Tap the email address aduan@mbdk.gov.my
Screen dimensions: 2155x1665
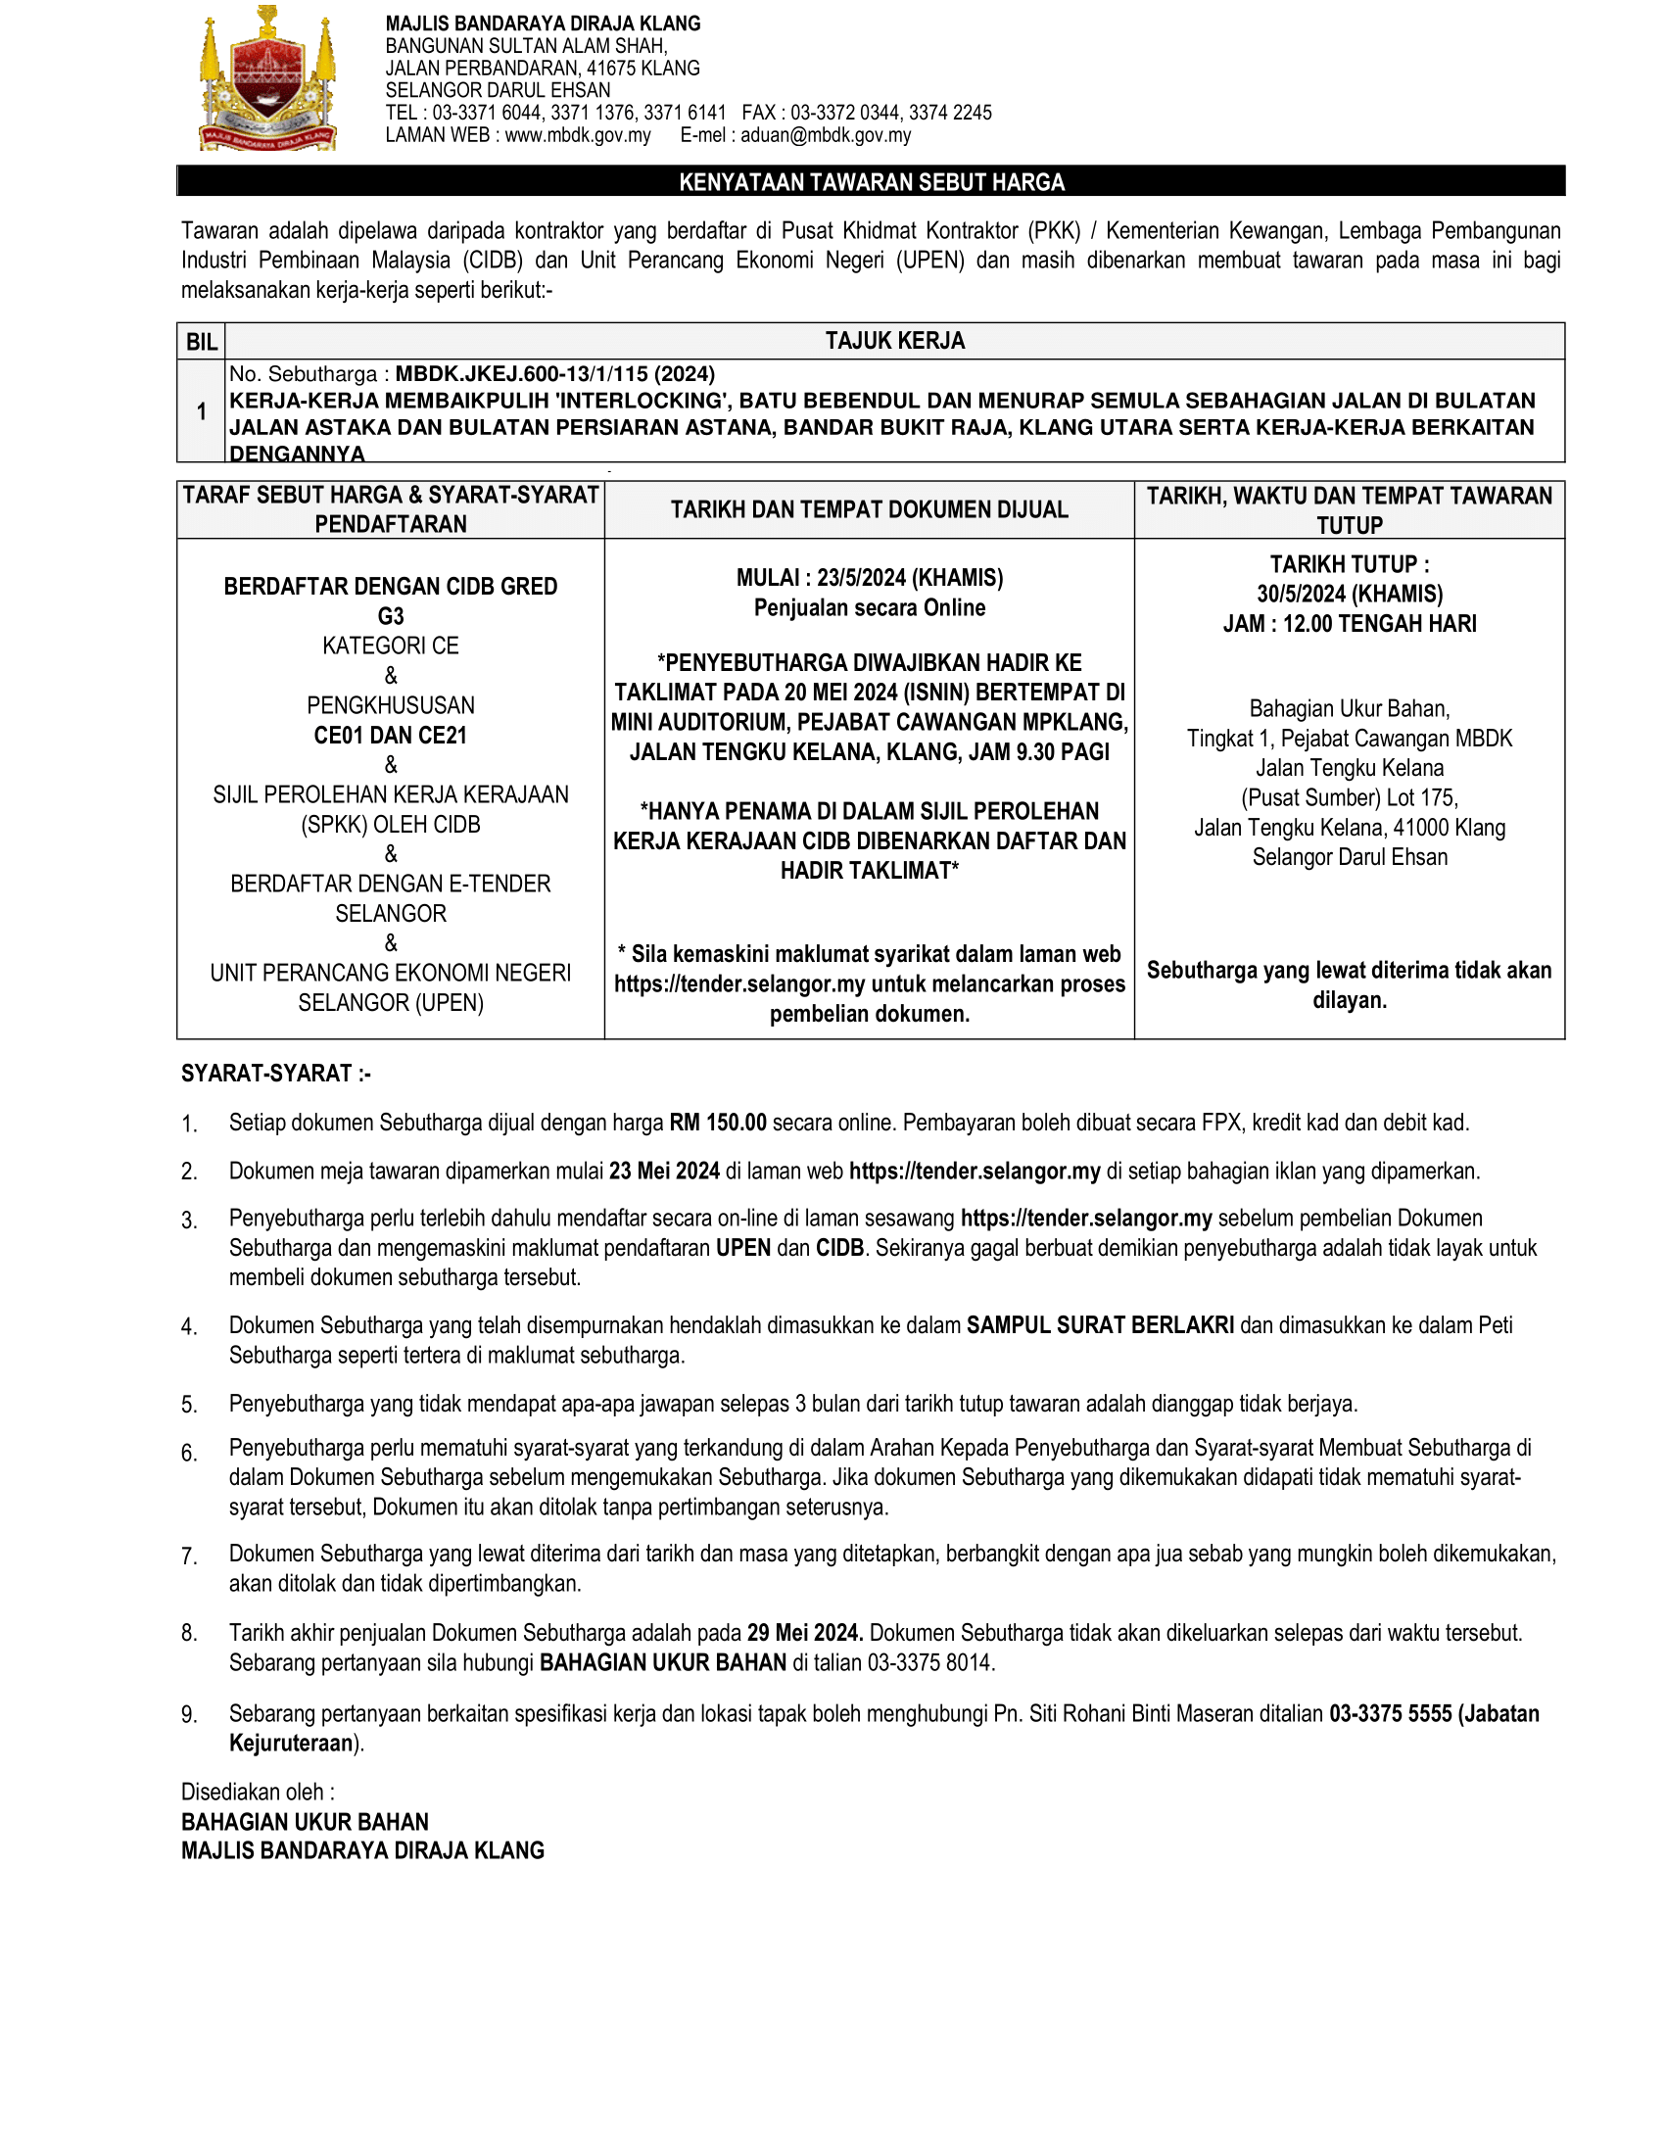point(826,135)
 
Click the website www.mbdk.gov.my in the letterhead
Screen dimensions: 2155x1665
point(577,135)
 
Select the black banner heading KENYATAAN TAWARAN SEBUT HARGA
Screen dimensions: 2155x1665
point(871,181)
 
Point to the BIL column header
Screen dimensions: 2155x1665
point(201,342)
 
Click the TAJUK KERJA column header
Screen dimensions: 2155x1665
point(894,341)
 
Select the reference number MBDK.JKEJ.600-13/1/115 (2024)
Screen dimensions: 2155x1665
point(555,374)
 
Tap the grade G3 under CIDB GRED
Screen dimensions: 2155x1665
point(391,617)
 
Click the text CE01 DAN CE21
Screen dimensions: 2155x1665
point(391,735)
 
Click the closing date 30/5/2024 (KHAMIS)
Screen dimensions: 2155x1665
point(1349,594)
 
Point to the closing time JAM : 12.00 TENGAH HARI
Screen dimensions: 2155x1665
point(1349,624)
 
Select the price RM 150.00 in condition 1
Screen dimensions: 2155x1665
point(717,1122)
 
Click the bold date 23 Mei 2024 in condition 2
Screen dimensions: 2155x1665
point(664,1172)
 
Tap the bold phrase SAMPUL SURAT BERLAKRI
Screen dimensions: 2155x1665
point(1100,1325)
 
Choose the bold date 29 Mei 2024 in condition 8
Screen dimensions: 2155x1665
point(805,1633)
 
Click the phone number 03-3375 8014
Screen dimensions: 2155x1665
point(930,1662)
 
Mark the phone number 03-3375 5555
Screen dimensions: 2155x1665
point(1390,1714)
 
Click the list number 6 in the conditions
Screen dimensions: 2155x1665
point(188,1453)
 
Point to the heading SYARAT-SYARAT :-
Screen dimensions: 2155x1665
point(276,1074)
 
